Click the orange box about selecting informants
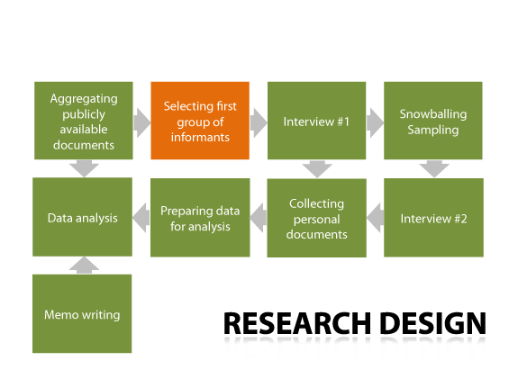point(200,121)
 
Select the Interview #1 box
point(316,121)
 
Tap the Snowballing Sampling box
point(433,121)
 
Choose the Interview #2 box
point(433,218)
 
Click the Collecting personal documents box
point(316,218)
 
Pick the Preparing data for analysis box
point(200,218)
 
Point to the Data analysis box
point(82,217)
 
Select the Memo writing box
point(82,313)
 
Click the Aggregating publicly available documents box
point(84,121)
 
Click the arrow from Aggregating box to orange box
point(142,122)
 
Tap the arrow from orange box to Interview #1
point(259,122)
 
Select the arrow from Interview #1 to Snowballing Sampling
point(375,122)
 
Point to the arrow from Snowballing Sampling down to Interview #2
point(434,168)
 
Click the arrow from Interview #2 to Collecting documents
point(376,218)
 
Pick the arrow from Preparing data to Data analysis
point(141,218)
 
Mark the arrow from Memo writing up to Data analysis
point(84,266)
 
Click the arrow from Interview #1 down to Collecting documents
point(317,169)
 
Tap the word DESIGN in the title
point(433,323)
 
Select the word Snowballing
point(433,114)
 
